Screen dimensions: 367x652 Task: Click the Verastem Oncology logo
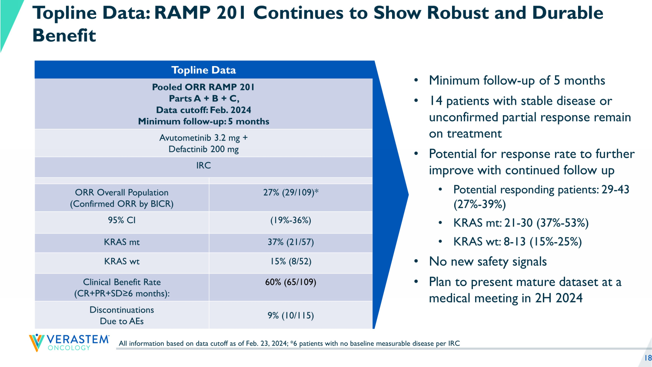69,342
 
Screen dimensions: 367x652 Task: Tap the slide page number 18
648,358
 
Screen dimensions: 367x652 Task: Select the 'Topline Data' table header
203,70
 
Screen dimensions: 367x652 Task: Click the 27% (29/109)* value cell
291,192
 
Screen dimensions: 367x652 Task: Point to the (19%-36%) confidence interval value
291,220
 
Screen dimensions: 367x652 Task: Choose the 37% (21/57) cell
291,242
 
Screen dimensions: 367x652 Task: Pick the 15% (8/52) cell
291,261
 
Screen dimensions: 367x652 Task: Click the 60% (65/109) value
291,282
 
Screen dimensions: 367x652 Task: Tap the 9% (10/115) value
291,315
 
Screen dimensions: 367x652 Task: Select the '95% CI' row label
122,220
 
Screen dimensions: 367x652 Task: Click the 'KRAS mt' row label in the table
122,242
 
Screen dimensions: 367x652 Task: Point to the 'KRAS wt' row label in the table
122,261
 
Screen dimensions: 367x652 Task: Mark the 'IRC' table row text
203,165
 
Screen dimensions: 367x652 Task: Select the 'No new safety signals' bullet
488,261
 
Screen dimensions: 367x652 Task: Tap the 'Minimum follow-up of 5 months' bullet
517,80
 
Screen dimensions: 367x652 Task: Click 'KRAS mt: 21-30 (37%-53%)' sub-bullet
521,223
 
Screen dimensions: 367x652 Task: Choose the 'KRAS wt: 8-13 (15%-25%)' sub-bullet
517,242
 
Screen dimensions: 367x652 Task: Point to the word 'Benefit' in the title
64,36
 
